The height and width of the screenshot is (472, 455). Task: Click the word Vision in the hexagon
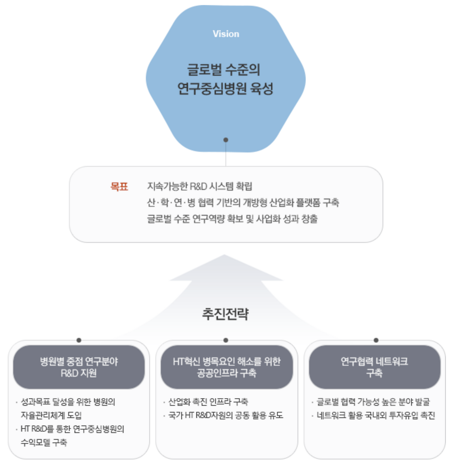point(226,34)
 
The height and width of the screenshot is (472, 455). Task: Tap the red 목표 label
point(119,186)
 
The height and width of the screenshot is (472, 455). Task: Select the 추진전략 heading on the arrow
point(225,314)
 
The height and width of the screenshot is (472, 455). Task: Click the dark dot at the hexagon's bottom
point(226,140)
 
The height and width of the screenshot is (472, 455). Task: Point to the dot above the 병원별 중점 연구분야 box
point(79,340)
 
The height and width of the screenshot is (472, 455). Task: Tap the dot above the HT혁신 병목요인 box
point(226,340)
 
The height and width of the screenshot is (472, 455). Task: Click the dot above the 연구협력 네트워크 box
point(376,340)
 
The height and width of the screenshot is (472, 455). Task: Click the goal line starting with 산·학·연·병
point(243,202)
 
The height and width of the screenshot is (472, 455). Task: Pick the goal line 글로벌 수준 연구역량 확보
point(232,219)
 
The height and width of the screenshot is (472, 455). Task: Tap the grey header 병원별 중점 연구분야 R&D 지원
point(79,367)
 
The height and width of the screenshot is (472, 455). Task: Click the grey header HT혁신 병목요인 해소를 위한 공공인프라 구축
point(226,367)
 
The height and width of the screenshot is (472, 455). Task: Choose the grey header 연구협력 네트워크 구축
point(374,367)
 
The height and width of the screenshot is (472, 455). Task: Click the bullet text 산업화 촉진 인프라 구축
point(208,402)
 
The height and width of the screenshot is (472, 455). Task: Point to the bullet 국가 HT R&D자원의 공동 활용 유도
point(225,416)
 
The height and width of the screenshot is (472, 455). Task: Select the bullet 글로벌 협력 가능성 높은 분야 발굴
point(373,402)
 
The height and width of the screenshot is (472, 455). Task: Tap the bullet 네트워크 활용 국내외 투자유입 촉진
point(375,416)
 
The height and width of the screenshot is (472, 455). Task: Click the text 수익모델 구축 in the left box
point(44,443)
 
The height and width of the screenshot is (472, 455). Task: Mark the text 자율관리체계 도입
point(51,416)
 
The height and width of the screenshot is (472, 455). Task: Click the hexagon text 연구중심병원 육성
point(225,88)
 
